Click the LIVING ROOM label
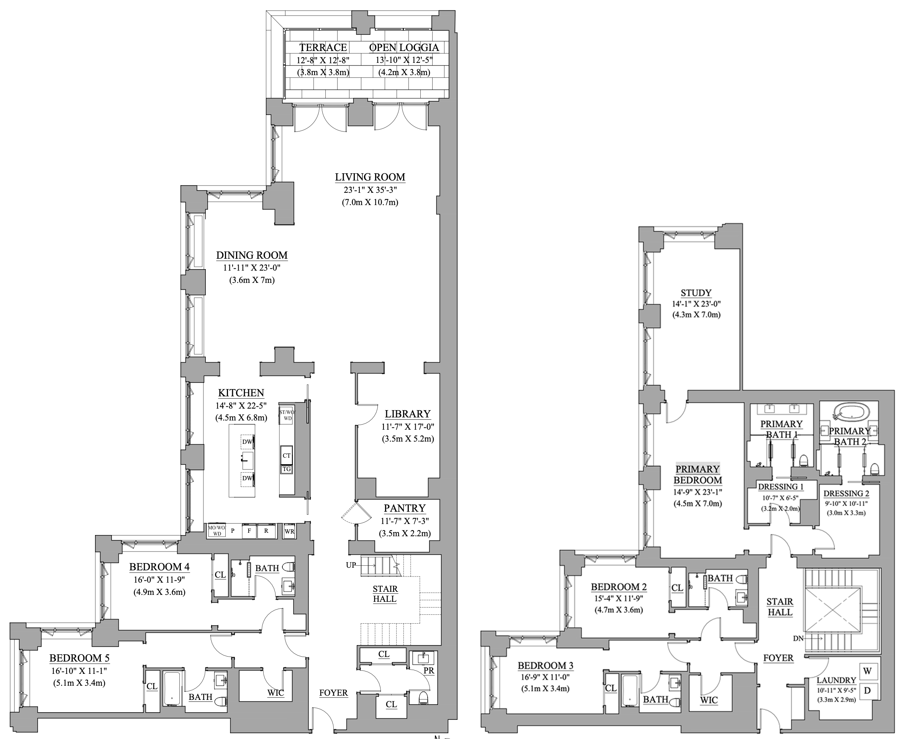370,177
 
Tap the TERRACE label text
323,47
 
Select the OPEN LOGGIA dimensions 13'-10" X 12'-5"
404,60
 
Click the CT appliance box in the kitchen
286,455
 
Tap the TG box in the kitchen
286,469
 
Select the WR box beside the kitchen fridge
289,531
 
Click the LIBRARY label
407,414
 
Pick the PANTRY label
404,508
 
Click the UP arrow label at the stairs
351,565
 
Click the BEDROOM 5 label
79,658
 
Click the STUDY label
696,293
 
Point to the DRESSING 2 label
846,494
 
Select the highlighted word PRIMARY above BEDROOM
697,469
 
